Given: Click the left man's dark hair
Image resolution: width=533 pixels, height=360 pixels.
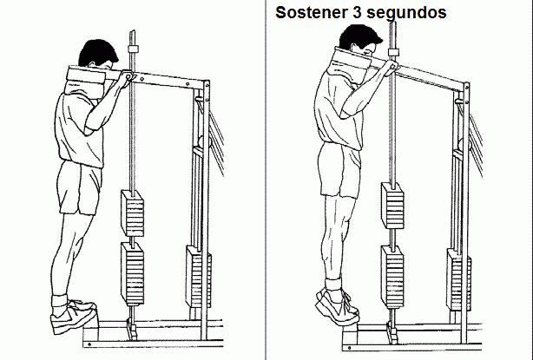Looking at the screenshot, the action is click(97, 52).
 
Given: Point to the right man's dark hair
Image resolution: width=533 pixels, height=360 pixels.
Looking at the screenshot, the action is click(359, 36).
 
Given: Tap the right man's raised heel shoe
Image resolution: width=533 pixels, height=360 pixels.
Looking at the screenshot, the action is click(338, 306).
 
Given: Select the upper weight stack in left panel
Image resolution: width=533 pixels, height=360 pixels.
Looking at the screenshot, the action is click(132, 213).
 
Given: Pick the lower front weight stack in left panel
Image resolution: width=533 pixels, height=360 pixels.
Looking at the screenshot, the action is click(132, 274).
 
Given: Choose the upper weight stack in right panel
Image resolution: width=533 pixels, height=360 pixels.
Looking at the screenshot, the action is click(392, 206).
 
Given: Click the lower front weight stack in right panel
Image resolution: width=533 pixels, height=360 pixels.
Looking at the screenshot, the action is click(392, 277).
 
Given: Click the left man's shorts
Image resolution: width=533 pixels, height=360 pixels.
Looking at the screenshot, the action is click(80, 188).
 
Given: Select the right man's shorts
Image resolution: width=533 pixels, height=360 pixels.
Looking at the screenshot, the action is click(339, 170).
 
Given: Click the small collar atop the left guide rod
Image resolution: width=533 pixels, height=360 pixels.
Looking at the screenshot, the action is click(133, 49).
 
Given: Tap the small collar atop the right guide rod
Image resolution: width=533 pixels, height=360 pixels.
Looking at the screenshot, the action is click(393, 52).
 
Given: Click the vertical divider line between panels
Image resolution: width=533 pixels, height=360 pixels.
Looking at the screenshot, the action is click(266, 180).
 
